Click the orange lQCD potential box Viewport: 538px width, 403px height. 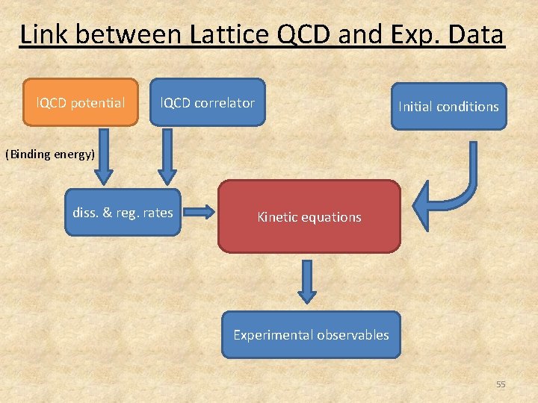point(81,103)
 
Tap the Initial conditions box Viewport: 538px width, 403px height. point(448,107)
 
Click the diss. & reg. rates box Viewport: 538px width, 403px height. point(123,213)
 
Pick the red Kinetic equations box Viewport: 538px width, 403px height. point(309,217)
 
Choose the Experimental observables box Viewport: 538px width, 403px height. point(311,335)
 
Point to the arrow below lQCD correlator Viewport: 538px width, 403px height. point(167,156)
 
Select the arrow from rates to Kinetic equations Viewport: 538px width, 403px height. point(199,213)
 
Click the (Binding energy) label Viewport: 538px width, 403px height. point(50,154)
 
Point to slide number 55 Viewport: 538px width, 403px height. point(501,384)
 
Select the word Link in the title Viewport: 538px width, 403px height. point(42,34)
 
